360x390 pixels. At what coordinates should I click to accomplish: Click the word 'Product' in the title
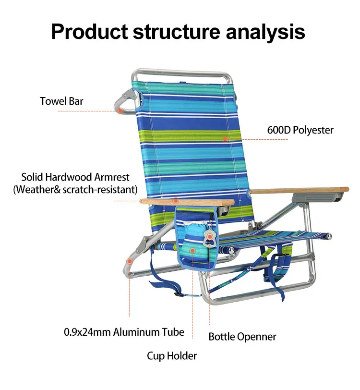click(x=89, y=32)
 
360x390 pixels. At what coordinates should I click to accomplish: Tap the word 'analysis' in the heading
click(x=265, y=32)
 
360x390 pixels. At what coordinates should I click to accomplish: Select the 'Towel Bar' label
click(x=61, y=101)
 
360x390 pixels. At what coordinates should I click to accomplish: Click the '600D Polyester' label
click(x=300, y=130)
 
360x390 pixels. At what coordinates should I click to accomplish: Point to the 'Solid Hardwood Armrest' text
click(x=75, y=177)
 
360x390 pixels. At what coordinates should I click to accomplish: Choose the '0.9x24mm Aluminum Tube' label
click(x=124, y=332)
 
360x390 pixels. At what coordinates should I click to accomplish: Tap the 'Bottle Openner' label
click(x=242, y=337)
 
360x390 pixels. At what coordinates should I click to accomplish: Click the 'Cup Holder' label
click(x=172, y=356)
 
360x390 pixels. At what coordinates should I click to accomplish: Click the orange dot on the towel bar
click(x=120, y=110)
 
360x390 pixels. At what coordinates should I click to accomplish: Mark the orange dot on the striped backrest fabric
click(x=225, y=139)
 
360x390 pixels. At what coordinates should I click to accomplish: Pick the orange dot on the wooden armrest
click(x=176, y=200)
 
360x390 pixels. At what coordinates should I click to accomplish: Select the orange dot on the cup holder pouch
click(x=192, y=250)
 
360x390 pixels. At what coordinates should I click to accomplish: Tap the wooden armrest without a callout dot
click(x=300, y=190)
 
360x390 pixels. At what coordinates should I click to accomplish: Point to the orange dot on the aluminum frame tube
click(x=129, y=261)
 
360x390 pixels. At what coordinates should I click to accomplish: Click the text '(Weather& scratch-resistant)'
click(x=75, y=190)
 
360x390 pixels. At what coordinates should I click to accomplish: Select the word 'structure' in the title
click(x=177, y=32)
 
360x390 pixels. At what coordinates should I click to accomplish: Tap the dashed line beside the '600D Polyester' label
click(x=265, y=140)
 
